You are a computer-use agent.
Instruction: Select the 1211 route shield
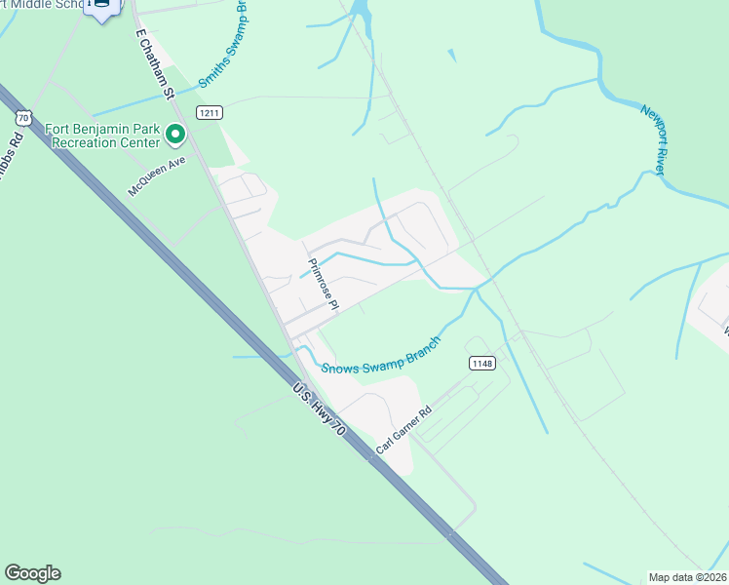point(209,113)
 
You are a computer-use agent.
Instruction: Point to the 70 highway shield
point(22,116)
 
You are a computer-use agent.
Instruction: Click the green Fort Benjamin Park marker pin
point(175,134)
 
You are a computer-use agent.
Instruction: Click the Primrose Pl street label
point(323,284)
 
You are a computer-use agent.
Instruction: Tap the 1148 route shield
point(481,364)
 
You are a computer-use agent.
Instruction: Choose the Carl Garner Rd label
point(403,430)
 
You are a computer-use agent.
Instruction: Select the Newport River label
point(653,138)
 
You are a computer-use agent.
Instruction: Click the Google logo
point(32,573)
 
